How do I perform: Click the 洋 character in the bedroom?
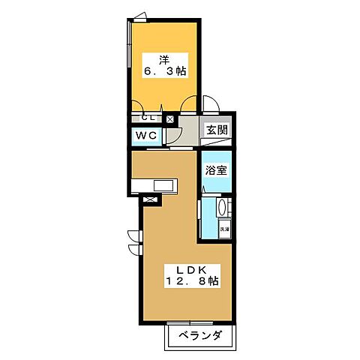click(x=163, y=58)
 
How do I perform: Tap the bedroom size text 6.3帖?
click(x=163, y=71)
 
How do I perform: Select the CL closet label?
click(x=148, y=118)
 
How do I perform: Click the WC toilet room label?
click(x=145, y=136)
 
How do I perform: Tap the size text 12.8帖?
click(x=192, y=283)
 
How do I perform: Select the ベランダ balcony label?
click(x=199, y=336)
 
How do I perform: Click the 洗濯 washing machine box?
click(x=223, y=228)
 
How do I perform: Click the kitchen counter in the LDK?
click(x=154, y=185)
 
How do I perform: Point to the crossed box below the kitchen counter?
click(x=149, y=199)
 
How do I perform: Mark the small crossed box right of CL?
click(x=169, y=118)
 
